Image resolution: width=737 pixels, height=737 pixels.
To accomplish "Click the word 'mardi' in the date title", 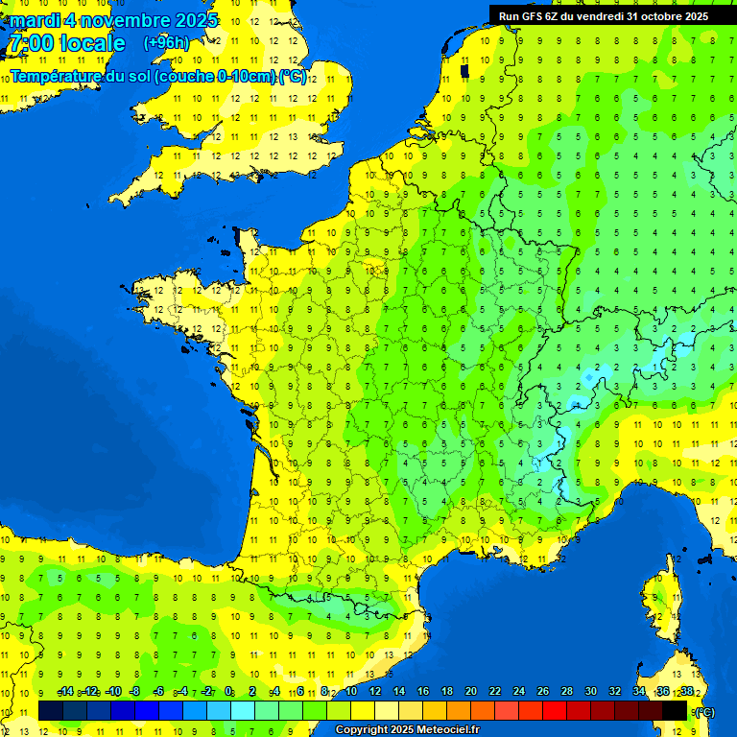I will [35, 20].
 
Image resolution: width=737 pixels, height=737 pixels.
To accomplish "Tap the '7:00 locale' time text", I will [66, 43].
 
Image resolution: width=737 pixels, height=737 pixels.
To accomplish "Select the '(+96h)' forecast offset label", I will [166, 43].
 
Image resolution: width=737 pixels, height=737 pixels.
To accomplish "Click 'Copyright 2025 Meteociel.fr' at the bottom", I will [407, 730].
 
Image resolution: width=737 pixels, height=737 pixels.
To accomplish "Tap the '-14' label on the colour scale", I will [66, 692].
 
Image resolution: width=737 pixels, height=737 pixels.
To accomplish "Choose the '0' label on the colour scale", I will [228, 692].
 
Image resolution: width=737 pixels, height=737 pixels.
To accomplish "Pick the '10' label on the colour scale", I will [350, 692].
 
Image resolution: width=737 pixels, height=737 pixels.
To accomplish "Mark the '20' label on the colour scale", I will [470, 692].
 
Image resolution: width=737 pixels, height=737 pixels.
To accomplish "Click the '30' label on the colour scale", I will [590, 692].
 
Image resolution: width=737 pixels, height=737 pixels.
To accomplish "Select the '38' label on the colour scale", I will [686, 692].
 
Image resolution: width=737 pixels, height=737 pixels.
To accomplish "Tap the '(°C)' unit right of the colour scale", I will [704, 712].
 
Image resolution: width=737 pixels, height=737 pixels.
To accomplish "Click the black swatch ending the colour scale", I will [675, 711].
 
